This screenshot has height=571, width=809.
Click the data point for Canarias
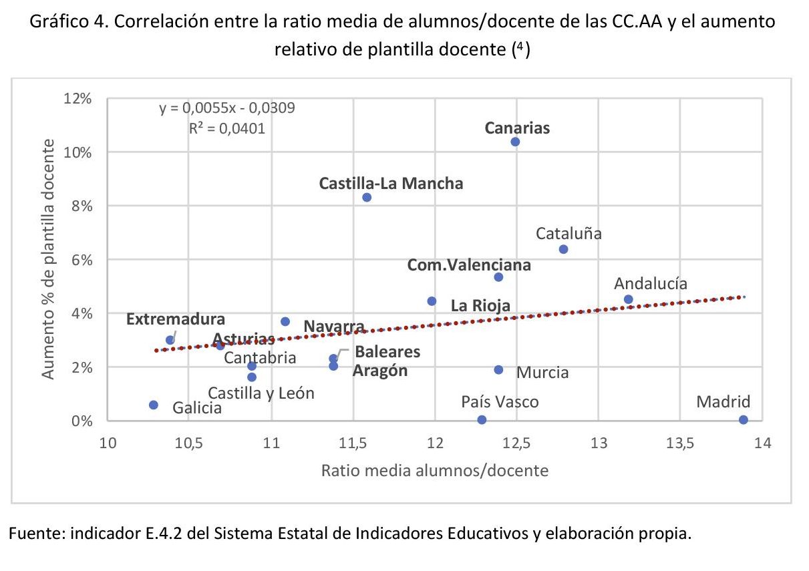click(514, 142)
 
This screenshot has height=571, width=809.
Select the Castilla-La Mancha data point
click(367, 197)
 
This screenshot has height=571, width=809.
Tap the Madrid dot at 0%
click(744, 419)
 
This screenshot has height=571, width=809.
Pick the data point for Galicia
click(154, 405)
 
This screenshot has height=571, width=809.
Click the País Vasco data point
click(482, 419)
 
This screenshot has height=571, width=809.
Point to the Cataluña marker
click(563, 249)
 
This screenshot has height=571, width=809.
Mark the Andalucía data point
click(628, 299)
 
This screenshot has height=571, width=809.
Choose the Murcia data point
click(498, 369)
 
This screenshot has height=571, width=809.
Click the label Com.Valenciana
click(469, 265)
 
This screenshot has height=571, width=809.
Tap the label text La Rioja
click(480, 306)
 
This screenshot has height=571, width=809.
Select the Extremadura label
click(176, 319)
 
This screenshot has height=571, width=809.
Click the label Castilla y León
click(261, 393)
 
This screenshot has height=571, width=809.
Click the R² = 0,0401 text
click(227, 128)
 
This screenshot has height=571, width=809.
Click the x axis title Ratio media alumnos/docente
click(435, 471)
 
